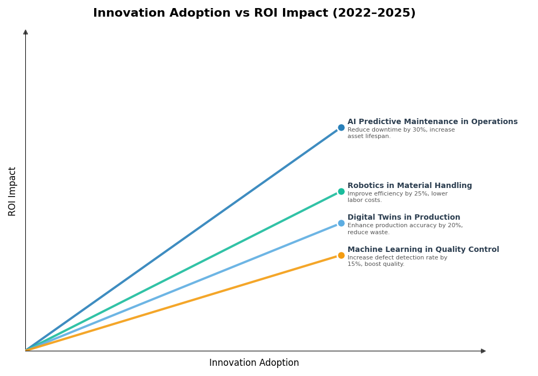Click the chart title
point(254,13)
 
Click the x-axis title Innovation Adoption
point(254,363)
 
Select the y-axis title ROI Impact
point(12,191)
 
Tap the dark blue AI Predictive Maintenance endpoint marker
point(341,128)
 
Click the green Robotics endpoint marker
point(341,192)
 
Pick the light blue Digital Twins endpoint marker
point(341,223)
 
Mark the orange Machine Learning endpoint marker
point(341,256)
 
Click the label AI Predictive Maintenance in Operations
point(432,122)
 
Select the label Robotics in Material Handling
point(409,186)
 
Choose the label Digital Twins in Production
point(403,218)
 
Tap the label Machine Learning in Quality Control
point(423,250)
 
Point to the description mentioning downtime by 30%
point(401,133)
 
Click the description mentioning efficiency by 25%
point(397,197)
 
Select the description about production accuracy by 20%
point(405,229)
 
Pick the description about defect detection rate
point(397,261)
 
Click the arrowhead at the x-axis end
point(483,351)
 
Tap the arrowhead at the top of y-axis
point(25,32)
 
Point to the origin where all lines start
point(26,351)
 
